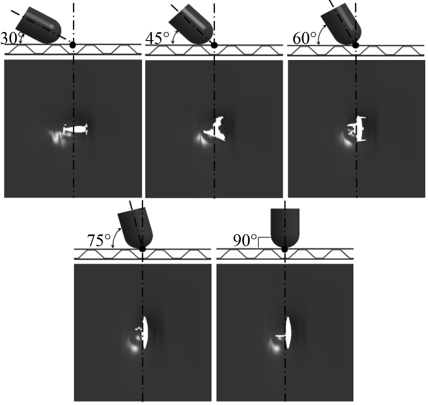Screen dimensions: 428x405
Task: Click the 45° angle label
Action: coord(157,38)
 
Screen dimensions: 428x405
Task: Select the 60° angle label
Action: coord(304,38)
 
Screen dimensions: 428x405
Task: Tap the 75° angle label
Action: coord(99,241)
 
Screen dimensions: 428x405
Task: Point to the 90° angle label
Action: coord(245,240)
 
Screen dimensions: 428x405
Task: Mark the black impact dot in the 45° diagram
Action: coord(214,45)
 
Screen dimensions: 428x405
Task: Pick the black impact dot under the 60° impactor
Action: coord(356,45)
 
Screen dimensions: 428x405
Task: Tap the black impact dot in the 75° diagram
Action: coord(142,249)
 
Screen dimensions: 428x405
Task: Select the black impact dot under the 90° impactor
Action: coord(285,249)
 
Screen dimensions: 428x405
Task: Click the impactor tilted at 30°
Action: coord(39,25)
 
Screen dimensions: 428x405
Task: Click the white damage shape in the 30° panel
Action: coord(75,129)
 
